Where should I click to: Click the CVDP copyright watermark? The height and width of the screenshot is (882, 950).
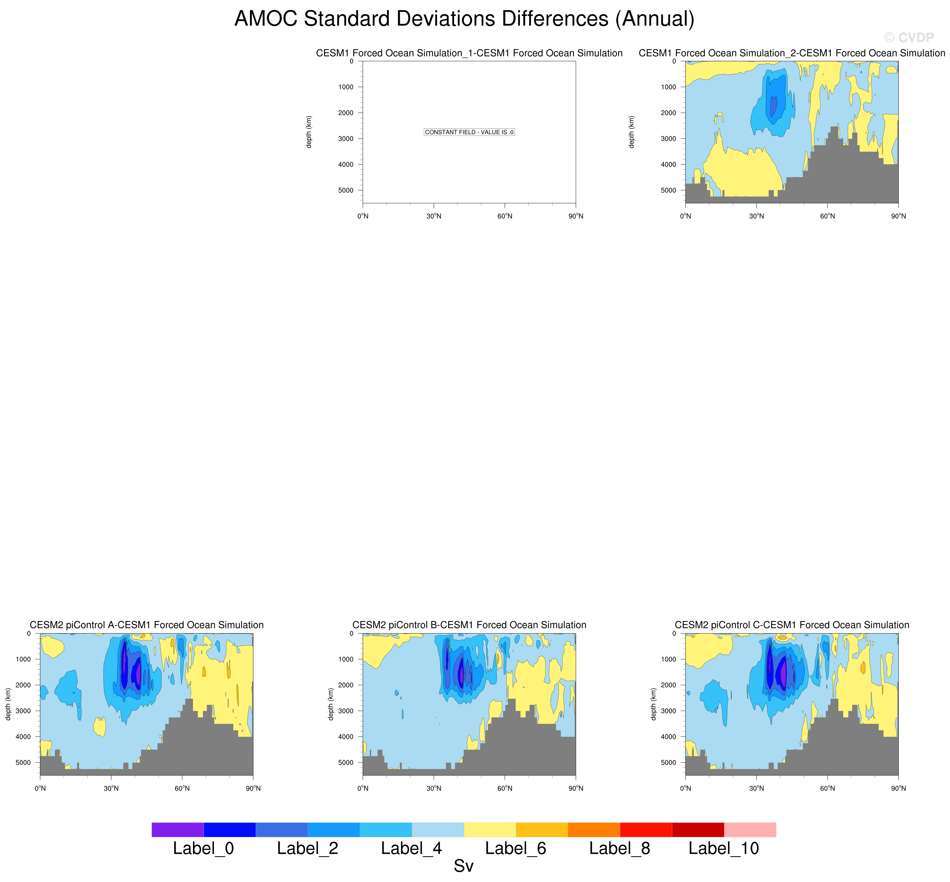pyautogui.click(x=908, y=38)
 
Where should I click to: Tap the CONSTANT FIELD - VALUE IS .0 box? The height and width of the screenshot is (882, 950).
pyautogui.click(x=469, y=132)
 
